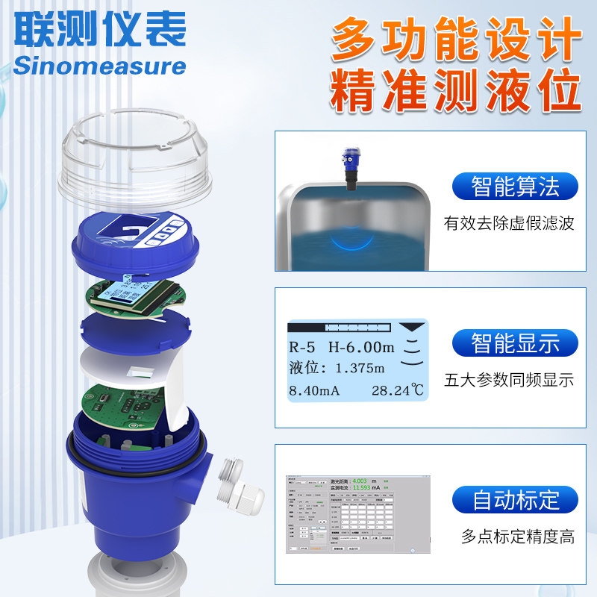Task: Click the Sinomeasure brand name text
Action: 99,66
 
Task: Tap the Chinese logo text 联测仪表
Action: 99,30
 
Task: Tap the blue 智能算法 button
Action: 515,186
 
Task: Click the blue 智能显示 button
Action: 515,343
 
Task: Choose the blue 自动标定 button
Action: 515,499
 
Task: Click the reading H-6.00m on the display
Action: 361,347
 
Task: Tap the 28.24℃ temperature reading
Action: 397,389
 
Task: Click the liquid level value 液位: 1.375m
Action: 337,368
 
